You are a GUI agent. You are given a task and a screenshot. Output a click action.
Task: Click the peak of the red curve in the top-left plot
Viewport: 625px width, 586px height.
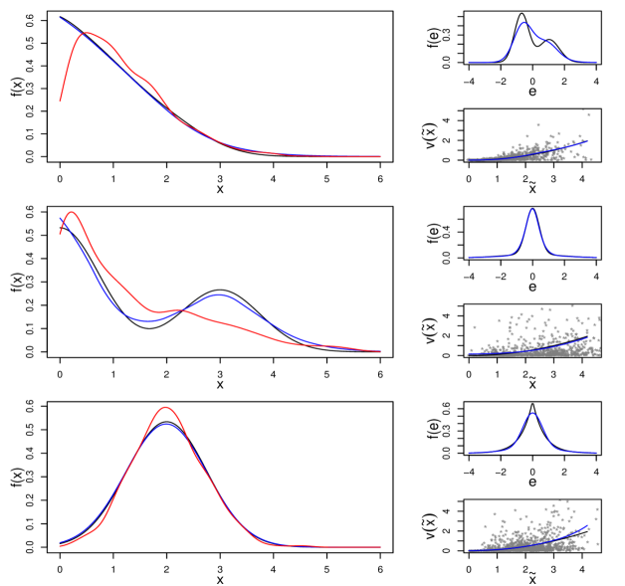pyautogui.click(x=85, y=33)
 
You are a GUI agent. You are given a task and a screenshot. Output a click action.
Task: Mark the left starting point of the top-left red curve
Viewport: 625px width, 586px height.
pyautogui.click(x=60, y=101)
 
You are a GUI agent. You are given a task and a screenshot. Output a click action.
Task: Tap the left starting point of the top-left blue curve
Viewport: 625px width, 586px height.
pyautogui.click(x=60, y=18)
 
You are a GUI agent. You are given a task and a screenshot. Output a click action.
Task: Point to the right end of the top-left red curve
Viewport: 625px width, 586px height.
pyautogui.click(x=380, y=156)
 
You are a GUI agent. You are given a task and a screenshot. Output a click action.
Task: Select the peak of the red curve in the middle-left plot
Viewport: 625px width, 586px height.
pyautogui.click(x=71, y=212)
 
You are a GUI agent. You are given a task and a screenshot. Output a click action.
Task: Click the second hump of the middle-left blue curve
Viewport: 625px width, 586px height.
pyautogui.click(x=218, y=294)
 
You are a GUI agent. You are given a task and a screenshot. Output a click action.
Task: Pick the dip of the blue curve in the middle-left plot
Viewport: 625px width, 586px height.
pyautogui.click(x=147, y=320)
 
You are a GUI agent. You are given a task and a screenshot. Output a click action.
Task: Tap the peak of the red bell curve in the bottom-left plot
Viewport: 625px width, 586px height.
pyautogui.click(x=165, y=407)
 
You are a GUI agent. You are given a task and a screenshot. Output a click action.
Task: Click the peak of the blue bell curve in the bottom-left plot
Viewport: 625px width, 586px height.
pyautogui.click(x=166, y=424)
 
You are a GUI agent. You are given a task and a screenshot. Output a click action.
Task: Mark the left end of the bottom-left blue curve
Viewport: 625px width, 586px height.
pyautogui.click(x=60, y=543)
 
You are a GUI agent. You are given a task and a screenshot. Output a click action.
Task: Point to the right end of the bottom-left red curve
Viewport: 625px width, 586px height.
pyautogui.click(x=380, y=546)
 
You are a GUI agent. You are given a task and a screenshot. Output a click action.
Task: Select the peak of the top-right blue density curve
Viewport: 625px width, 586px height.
pyautogui.click(x=523, y=23)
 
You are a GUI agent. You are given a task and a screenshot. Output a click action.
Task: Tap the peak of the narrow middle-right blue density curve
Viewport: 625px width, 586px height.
pyautogui.click(x=531, y=210)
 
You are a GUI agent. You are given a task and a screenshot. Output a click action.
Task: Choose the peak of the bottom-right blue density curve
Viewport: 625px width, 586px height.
pyautogui.click(x=532, y=413)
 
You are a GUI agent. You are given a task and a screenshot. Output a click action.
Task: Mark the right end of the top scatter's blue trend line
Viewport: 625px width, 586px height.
pyautogui.click(x=587, y=141)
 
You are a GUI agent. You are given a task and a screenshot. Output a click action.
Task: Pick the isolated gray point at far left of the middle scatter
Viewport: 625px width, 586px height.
pyautogui.click(x=474, y=326)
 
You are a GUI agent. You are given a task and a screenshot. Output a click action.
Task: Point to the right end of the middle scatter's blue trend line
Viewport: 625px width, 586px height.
pyautogui.click(x=589, y=338)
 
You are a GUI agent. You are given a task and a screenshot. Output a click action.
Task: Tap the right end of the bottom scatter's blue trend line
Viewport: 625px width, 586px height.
pyautogui.click(x=587, y=527)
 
